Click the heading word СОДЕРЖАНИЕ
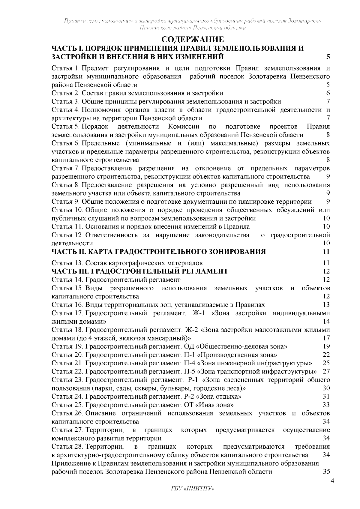(193, 40)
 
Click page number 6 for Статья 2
(328, 93)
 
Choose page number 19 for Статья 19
(326, 347)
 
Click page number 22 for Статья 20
(326, 355)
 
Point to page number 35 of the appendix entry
(326, 472)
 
